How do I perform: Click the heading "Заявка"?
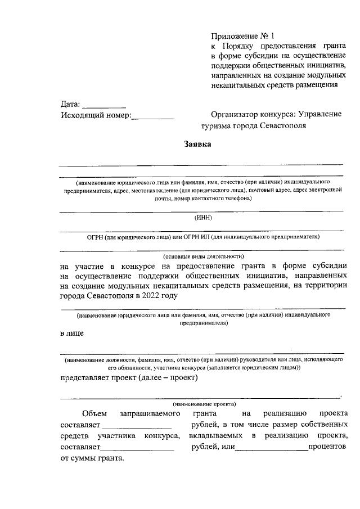(198, 144)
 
